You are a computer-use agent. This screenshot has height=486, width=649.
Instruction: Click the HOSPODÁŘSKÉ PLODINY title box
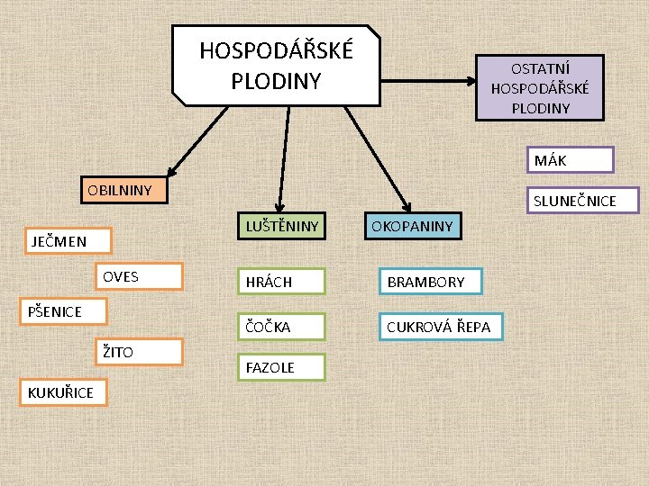coord(276,64)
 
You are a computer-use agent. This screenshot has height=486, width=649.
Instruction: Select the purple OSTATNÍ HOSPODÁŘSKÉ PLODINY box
coord(540,87)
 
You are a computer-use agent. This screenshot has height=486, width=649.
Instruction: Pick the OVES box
coord(140,276)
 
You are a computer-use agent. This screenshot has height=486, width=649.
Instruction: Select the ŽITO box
coord(140,352)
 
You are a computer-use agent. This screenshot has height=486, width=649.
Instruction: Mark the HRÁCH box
coord(280,282)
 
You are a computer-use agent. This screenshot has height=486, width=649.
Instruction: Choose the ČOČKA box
coord(280,327)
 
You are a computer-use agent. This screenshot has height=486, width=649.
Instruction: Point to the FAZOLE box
coord(280,367)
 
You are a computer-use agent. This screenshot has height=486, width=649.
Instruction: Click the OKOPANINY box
coord(412,226)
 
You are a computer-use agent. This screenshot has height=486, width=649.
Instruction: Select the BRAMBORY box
coord(430,282)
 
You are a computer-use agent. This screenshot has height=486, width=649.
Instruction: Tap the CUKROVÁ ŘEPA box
coord(439,327)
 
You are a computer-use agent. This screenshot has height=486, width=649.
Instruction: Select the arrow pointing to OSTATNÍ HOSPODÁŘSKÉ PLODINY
coord(428,81)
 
